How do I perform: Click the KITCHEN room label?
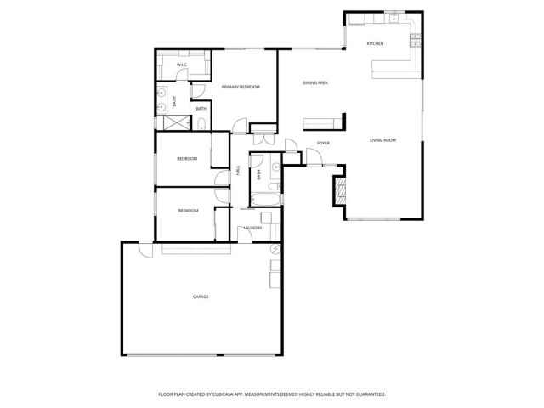(x=375, y=43)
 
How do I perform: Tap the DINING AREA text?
(x=315, y=82)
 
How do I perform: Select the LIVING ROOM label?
(x=382, y=140)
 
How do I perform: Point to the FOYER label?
(x=323, y=143)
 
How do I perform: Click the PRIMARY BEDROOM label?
(x=241, y=88)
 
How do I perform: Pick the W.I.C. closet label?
(x=182, y=65)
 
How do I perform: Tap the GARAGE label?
(x=201, y=297)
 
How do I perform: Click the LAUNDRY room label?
(x=252, y=228)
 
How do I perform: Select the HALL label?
(x=238, y=171)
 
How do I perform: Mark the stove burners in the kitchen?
(x=416, y=37)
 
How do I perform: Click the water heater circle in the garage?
(x=275, y=249)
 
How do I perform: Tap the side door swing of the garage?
(x=145, y=251)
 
